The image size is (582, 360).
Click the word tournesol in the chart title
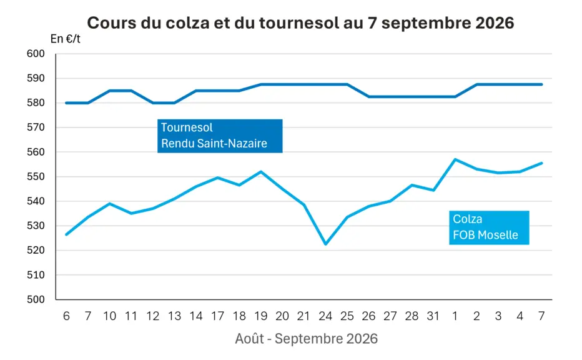298,22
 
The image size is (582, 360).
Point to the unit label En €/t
66,39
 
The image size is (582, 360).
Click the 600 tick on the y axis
36,54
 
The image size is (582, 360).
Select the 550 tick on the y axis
36,176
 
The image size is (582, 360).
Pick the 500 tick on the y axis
36,299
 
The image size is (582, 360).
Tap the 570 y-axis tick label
36,127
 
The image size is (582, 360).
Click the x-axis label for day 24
325,316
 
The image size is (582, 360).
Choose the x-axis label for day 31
433,316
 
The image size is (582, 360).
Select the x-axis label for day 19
260,316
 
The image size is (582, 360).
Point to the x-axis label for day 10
109,316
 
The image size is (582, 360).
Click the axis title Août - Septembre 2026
306,339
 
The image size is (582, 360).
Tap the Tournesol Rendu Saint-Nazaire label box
220,136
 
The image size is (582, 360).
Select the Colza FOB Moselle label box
489,227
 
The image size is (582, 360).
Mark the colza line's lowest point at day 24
325,244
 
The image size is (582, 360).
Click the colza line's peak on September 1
455,159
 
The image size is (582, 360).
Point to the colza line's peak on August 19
261,172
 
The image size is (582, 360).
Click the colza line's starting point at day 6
66,234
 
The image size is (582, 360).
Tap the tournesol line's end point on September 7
541,84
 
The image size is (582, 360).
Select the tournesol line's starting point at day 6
66,103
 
